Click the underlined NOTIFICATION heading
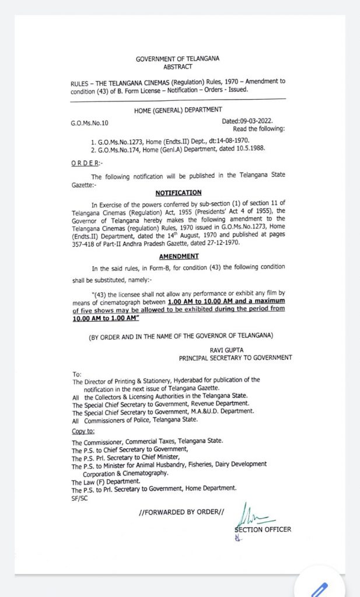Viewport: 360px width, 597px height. pyautogui.click(x=179, y=192)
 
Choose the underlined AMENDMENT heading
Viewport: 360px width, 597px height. pyautogui.click(x=179, y=256)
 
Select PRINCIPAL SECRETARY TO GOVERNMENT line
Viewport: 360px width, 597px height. pyautogui.click(x=235, y=357)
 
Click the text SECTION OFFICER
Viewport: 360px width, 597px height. pyautogui.click(x=263, y=529)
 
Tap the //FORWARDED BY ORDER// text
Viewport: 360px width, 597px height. pyautogui.click(x=182, y=512)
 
